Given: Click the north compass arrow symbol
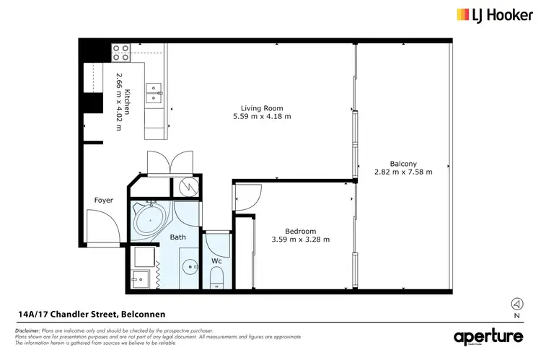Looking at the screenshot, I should coord(516,303).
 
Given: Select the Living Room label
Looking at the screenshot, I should coord(261,108).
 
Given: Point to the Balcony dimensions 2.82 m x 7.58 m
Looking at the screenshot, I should coord(403,172).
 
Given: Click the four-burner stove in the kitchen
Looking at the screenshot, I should coord(120,52).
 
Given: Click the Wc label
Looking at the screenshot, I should coord(216,260).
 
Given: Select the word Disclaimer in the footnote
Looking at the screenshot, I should coord(27,329).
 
